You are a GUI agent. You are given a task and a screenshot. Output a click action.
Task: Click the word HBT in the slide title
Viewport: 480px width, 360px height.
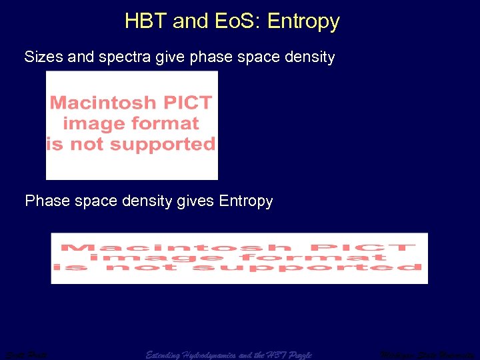146,21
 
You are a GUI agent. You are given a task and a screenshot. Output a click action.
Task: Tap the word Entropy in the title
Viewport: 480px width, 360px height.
303,21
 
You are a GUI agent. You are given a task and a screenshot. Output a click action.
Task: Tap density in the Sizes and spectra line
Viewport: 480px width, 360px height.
308,57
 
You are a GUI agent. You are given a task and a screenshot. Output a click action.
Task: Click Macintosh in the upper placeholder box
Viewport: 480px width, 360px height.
101,103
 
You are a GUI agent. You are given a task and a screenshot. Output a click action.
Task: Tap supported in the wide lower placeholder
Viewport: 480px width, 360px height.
306,267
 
